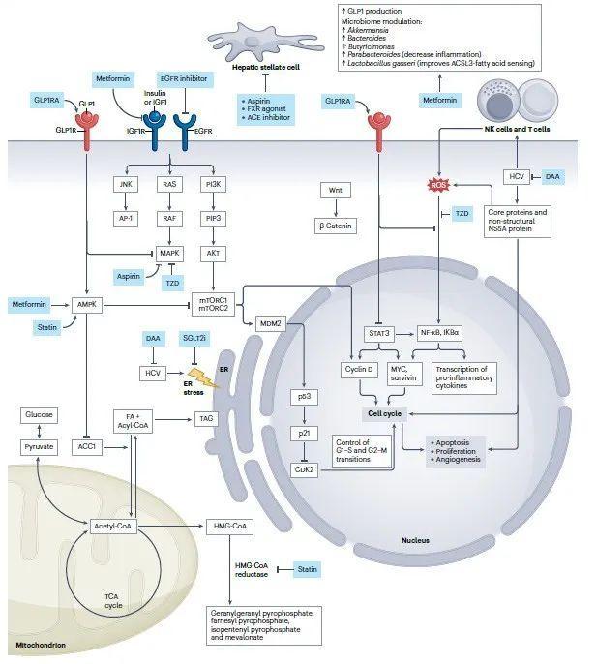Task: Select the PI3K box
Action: [214, 184]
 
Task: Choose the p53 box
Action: [303, 398]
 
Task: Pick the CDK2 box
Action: [303, 468]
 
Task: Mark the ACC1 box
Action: [88, 448]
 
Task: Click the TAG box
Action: [205, 417]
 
